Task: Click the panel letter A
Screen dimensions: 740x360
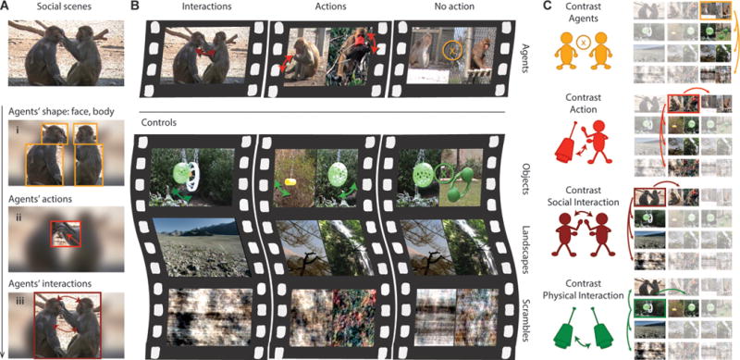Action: coord(5,6)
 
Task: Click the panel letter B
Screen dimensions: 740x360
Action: coord(135,6)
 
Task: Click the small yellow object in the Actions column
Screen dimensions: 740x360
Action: coord(288,182)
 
